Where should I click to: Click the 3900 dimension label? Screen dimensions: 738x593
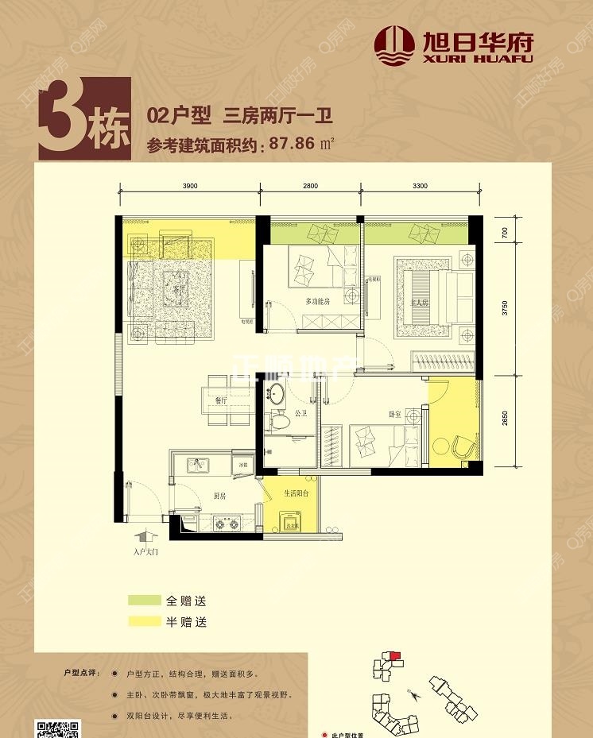coord(189,186)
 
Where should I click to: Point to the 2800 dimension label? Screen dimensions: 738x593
coord(310,186)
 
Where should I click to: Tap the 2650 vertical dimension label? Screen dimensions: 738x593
coord(504,419)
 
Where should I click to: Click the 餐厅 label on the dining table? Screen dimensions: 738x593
coord(220,402)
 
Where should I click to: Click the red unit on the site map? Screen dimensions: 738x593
coord(395,656)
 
